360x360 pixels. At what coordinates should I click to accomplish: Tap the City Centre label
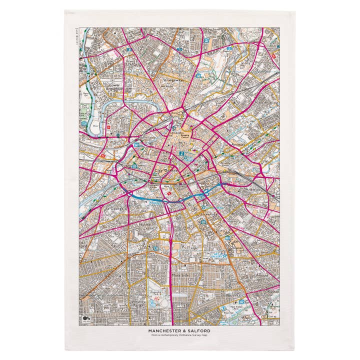click(x=166, y=171)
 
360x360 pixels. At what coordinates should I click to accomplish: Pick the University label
click(x=208, y=213)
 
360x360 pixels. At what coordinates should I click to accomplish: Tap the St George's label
click(x=115, y=206)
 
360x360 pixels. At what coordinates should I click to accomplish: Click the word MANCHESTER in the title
click(x=170, y=330)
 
